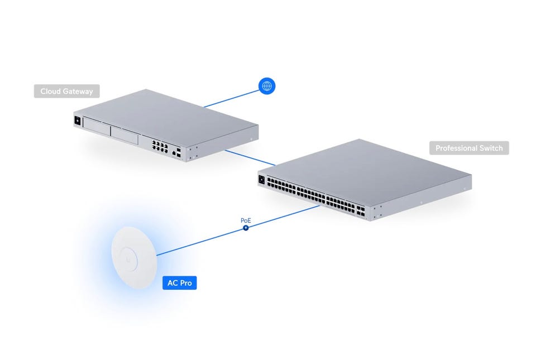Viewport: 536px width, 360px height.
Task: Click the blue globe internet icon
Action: pyautogui.click(x=267, y=86)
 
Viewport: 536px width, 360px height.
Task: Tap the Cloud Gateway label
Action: pyautogui.click(x=66, y=91)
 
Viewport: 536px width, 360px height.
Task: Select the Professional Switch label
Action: pyautogui.click(x=469, y=148)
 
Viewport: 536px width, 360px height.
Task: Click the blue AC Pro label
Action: pyautogui.click(x=179, y=283)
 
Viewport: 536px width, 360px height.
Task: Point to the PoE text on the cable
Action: pyautogui.click(x=246, y=220)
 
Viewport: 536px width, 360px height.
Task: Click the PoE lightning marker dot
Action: pyautogui.click(x=246, y=228)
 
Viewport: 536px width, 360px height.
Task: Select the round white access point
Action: pyautogui.click(x=134, y=257)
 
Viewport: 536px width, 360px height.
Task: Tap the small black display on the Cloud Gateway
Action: pyautogui.click(x=78, y=121)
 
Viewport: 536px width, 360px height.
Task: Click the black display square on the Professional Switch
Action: pyautogui.click(x=262, y=179)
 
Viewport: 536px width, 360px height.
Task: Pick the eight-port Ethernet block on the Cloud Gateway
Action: pyautogui.click(x=160, y=146)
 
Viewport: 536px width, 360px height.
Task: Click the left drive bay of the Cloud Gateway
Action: pyautogui.click(x=97, y=127)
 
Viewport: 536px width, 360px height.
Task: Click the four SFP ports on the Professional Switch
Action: pyautogui.click(x=361, y=211)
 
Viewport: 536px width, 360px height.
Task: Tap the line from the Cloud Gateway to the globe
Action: pyautogui.click(x=231, y=99)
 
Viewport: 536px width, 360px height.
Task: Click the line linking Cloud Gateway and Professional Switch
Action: pyautogui.click(x=250, y=158)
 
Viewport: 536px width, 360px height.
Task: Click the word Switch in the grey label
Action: pyautogui.click(x=491, y=148)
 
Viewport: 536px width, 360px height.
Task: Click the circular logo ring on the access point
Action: pyautogui.click(x=128, y=259)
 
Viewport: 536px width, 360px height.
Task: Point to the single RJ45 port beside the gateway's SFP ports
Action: pyautogui.click(x=174, y=153)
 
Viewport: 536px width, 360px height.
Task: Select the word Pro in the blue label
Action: pyautogui.click(x=186, y=283)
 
